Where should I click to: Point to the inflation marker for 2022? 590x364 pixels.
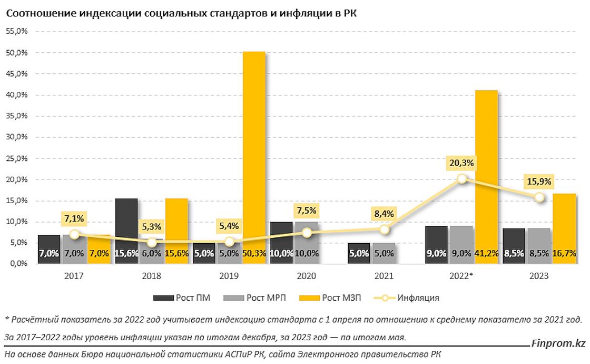click(462, 179)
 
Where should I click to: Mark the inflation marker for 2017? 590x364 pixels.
click(74, 234)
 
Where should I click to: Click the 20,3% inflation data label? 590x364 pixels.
click(462, 163)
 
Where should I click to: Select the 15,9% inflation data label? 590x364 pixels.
click(539, 181)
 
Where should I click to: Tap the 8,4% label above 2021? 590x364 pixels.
click(385, 213)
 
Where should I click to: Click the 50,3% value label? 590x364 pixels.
click(253, 254)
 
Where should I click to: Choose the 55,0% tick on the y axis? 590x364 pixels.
click(17, 32)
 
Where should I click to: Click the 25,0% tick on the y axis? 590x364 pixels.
click(17, 158)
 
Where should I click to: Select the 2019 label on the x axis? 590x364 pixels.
click(229, 276)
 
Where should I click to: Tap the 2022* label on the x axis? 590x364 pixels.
click(462, 276)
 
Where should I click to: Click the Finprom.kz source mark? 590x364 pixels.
click(558, 344)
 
